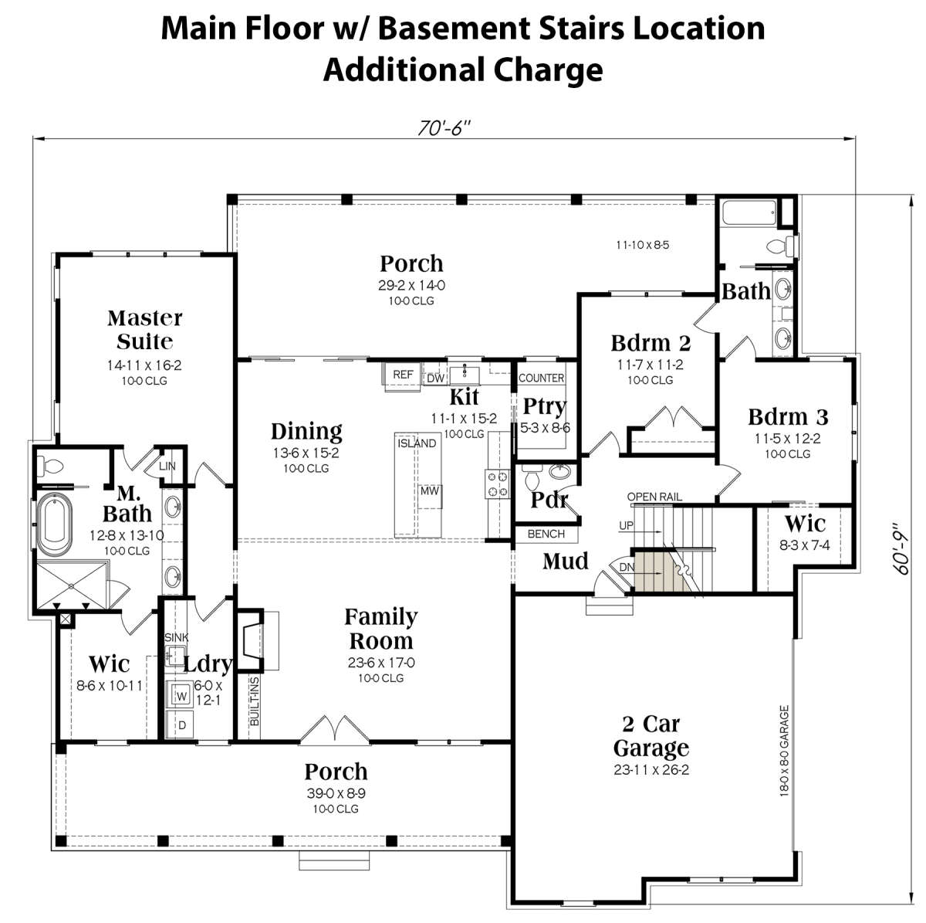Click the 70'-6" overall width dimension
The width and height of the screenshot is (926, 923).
(x=443, y=128)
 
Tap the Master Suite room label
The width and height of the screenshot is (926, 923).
(x=144, y=330)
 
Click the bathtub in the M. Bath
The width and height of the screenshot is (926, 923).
(x=55, y=524)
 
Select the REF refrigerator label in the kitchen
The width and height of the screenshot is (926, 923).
(x=403, y=375)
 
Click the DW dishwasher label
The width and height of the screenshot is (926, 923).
(x=436, y=378)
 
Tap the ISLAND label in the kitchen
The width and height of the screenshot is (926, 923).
(x=417, y=443)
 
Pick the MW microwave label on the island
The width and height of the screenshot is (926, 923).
(x=429, y=491)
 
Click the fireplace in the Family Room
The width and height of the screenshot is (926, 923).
(x=252, y=640)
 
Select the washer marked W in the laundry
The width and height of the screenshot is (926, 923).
(x=180, y=694)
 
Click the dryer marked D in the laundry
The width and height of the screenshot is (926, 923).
(x=181, y=724)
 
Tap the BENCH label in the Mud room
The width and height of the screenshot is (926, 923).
(x=546, y=534)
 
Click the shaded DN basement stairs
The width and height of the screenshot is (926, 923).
(x=661, y=573)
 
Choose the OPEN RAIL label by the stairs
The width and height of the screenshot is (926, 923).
(x=654, y=497)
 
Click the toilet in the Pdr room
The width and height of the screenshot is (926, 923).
(x=532, y=479)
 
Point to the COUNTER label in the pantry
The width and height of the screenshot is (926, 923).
(x=541, y=378)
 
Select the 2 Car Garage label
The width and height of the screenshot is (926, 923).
(x=651, y=736)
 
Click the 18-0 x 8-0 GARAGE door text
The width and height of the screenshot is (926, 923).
(x=784, y=751)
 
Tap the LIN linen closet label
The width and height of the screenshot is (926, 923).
(x=167, y=466)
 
